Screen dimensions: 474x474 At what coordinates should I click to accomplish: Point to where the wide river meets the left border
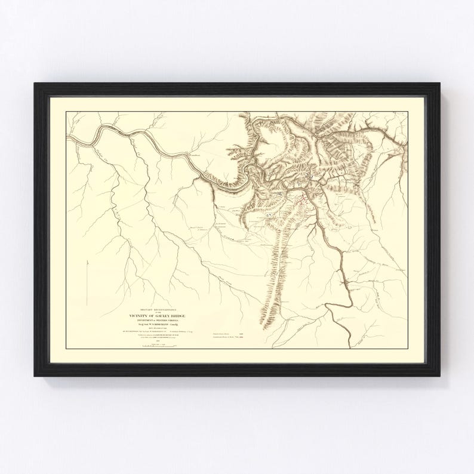[x=67, y=138]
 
